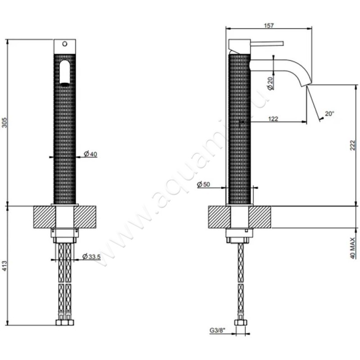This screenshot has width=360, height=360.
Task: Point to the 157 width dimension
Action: (269, 26)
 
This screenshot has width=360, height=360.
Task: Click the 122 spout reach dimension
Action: (272, 119)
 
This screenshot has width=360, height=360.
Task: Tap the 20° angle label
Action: (329, 114)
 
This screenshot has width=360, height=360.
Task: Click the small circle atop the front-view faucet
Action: (65, 44)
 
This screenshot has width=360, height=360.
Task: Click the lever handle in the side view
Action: (265, 44)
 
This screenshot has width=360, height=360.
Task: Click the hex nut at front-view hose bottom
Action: (65, 322)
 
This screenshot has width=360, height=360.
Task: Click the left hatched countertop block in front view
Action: (44, 217)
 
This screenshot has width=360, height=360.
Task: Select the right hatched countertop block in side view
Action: (260, 217)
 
